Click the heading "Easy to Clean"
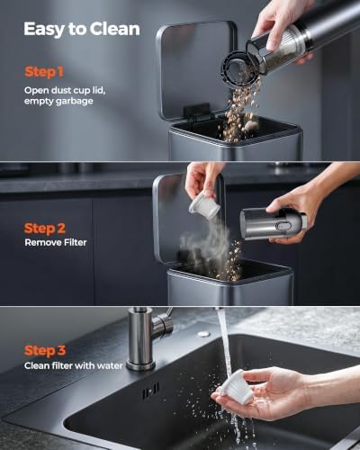click(82, 30)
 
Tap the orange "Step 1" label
click(44, 72)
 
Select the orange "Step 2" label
click(45, 229)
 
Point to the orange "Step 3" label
click(45, 351)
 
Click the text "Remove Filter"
click(56, 242)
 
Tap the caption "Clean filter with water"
click(74, 365)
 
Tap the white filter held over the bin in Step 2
click(200, 205)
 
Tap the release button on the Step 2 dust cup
click(281, 227)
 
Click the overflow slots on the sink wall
click(151, 391)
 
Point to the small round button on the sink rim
click(204, 334)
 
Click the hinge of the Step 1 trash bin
click(196, 110)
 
